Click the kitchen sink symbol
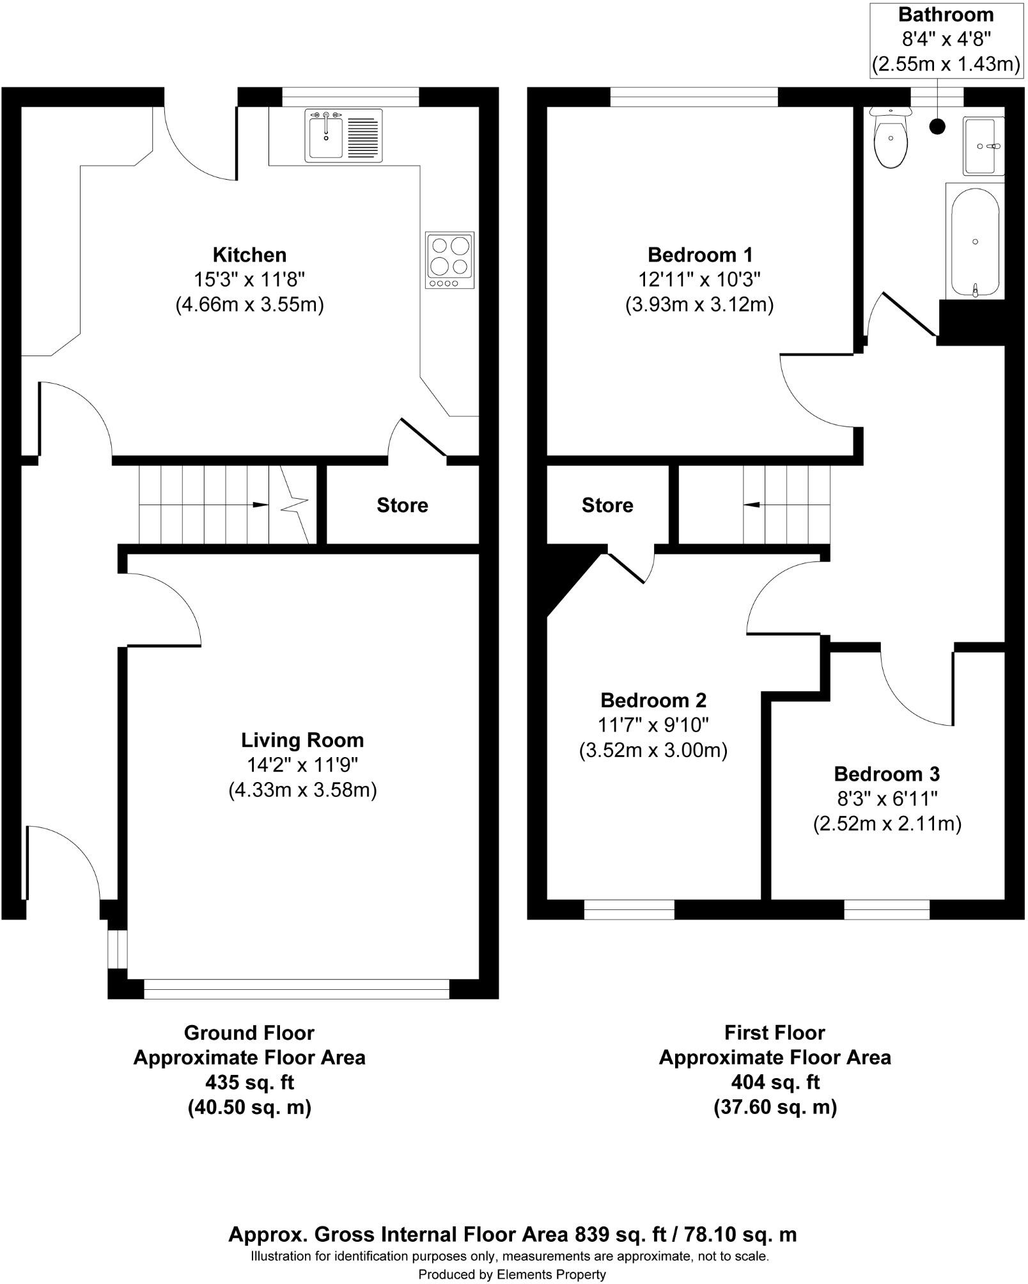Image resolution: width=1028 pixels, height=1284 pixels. pos(343,135)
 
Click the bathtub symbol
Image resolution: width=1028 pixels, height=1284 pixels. pos(975,242)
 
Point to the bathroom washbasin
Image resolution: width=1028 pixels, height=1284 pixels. pos(983,146)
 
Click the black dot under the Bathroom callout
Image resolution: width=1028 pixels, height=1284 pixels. pos(937,127)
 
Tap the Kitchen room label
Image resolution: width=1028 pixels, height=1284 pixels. pos(249,255)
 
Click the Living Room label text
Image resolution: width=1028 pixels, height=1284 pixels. pos(302,740)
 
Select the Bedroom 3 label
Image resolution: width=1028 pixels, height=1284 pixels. pos(887,774)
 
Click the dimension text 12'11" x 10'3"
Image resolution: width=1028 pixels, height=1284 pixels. pos(699,279)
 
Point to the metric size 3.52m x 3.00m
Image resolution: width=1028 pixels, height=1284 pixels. pos(653,749)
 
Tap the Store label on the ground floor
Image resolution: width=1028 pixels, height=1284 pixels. pos(402,505)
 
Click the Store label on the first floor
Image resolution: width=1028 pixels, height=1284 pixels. pos(607,505)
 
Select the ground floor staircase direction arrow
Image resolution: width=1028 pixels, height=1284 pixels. pos(260,505)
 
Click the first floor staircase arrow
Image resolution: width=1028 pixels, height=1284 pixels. pos(751,505)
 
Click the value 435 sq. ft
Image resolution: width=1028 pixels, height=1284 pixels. pos(249,1082)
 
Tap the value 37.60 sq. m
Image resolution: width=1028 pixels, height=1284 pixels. pos(775,1106)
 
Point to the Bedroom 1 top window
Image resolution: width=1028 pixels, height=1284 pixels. pos(694,97)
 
